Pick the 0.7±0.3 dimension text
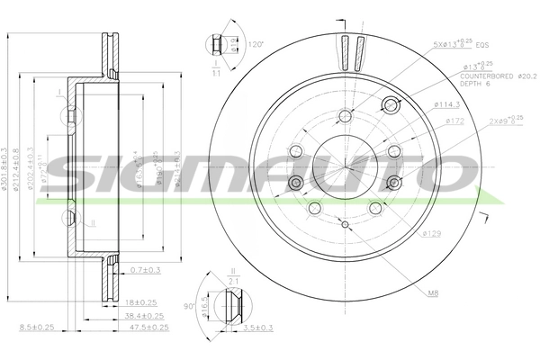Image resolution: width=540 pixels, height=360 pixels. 146,270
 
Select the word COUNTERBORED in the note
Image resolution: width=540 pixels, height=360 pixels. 486,76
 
